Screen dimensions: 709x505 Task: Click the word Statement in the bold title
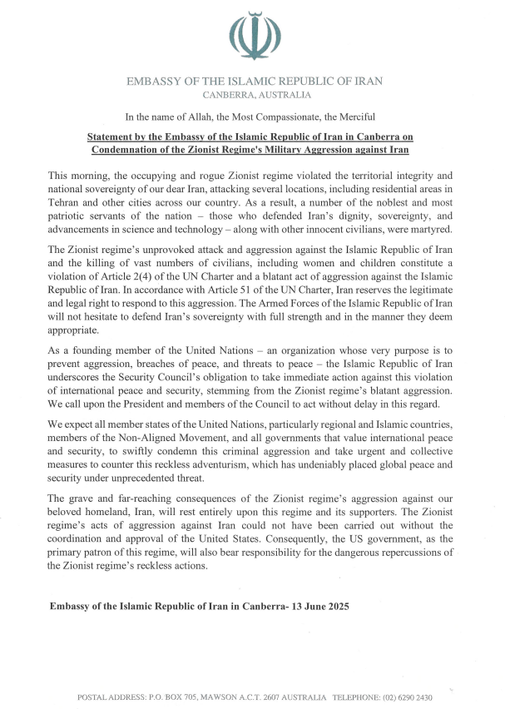(116, 136)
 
